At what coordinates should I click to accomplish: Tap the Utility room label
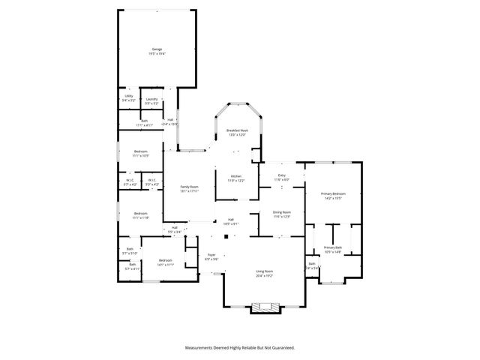tap(129, 97)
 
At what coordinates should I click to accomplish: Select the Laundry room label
tap(151, 97)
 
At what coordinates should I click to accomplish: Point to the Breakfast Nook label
tap(237, 131)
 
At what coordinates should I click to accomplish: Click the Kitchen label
tap(236, 178)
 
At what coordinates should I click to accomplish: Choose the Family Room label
tap(189, 188)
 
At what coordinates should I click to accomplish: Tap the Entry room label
tap(281, 178)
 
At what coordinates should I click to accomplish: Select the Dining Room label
tap(281, 213)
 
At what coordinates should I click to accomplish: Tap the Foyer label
tap(211, 256)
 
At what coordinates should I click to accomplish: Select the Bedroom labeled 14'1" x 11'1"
tap(165, 262)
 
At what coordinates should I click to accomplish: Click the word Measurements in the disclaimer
tap(202, 348)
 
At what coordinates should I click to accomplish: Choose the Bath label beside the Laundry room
tap(144, 122)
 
